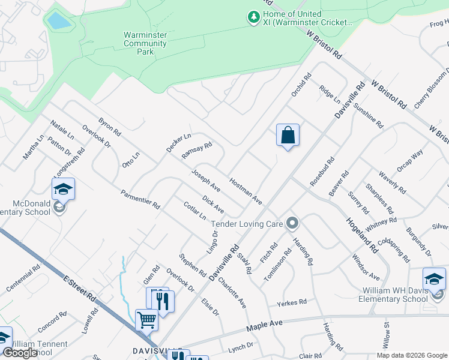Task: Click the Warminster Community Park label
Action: (x=145, y=43)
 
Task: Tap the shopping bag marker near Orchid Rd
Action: (x=288, y=135)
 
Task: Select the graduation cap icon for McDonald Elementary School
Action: (x=63, y=190)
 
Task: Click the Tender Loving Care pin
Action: (x=292, y=224)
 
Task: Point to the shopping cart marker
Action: (x=146, y=320)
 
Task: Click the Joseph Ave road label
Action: (x=206, y=181)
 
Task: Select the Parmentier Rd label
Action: (x=140, y=199)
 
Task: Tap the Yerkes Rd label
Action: (x=292, y=302)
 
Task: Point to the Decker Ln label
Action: (x=178, y=142)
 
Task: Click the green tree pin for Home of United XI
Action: (x=253, y=18)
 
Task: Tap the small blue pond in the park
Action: (x=58, y=21)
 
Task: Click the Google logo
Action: (x=20, y=353)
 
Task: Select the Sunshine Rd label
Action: (x=368, y=116)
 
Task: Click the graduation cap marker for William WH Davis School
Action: (x=435, y=279)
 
